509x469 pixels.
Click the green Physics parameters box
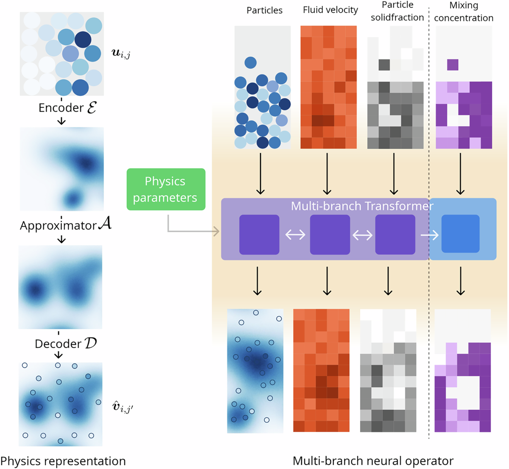tap(166, 189)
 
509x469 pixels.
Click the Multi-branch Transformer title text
tap(362, 206)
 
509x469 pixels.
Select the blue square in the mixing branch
tap(460, 234)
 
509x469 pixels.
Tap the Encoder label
tap(67, 108)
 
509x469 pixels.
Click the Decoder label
tap(66, 343)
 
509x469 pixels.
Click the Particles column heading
tap(264, 10)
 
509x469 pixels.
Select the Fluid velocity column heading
tap(330, 10)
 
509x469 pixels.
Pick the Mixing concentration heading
tap(463, 11)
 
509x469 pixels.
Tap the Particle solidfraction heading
tap(397, 11)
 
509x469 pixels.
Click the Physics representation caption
tap(63, 461)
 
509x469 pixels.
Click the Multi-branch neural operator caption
tap(373, 461)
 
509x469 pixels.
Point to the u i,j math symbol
tap(121, 53)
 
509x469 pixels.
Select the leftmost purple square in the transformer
tap(259, 234)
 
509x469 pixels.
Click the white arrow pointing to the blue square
tap(429, 234)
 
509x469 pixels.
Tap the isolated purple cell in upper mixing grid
tap(453, 64)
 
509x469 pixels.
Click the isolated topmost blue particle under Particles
tap(250, 62)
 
